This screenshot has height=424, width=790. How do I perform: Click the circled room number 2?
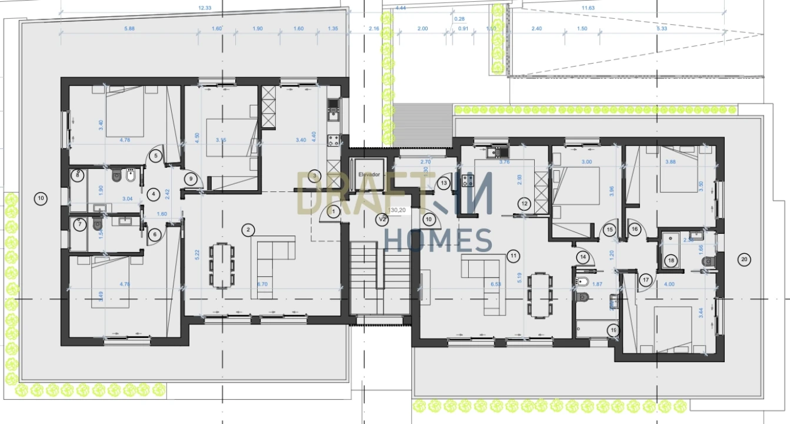pos(249,228)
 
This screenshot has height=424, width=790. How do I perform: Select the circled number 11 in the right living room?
pos(514,256)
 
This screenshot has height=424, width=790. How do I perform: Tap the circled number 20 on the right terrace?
pos(744,259)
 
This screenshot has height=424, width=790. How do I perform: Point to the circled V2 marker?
pos(382,219)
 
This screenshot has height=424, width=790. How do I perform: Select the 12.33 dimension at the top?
pos(205,8)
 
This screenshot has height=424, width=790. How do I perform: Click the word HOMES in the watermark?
pos(438,240)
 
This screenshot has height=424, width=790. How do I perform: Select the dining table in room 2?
pos(222,266)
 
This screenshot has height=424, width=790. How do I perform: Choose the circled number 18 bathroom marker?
pos(671,260)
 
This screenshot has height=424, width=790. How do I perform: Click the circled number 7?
pos(81,225)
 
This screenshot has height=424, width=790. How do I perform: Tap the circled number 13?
pos(444,184)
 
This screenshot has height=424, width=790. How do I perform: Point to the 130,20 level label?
pos(398,209)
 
